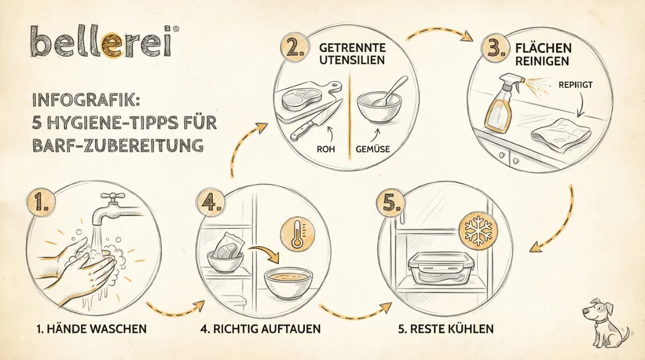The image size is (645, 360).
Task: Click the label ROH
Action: pyautogui.click(x=326, y=149)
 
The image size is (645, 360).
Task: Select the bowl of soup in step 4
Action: pyautogui.click(x=289, y=282)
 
